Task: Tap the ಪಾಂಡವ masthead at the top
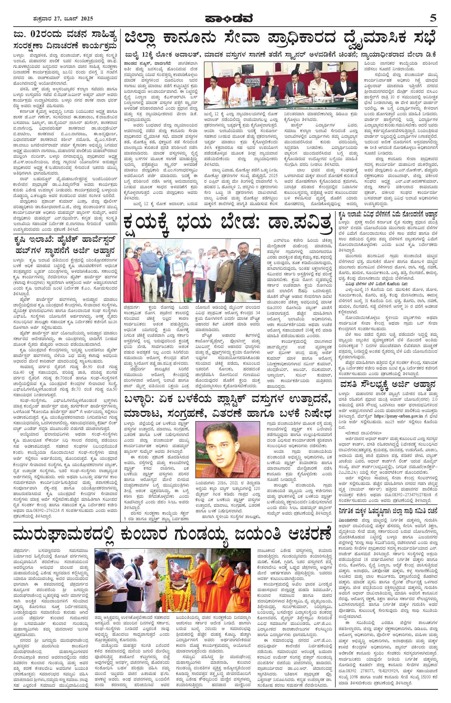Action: click(225, 18)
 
